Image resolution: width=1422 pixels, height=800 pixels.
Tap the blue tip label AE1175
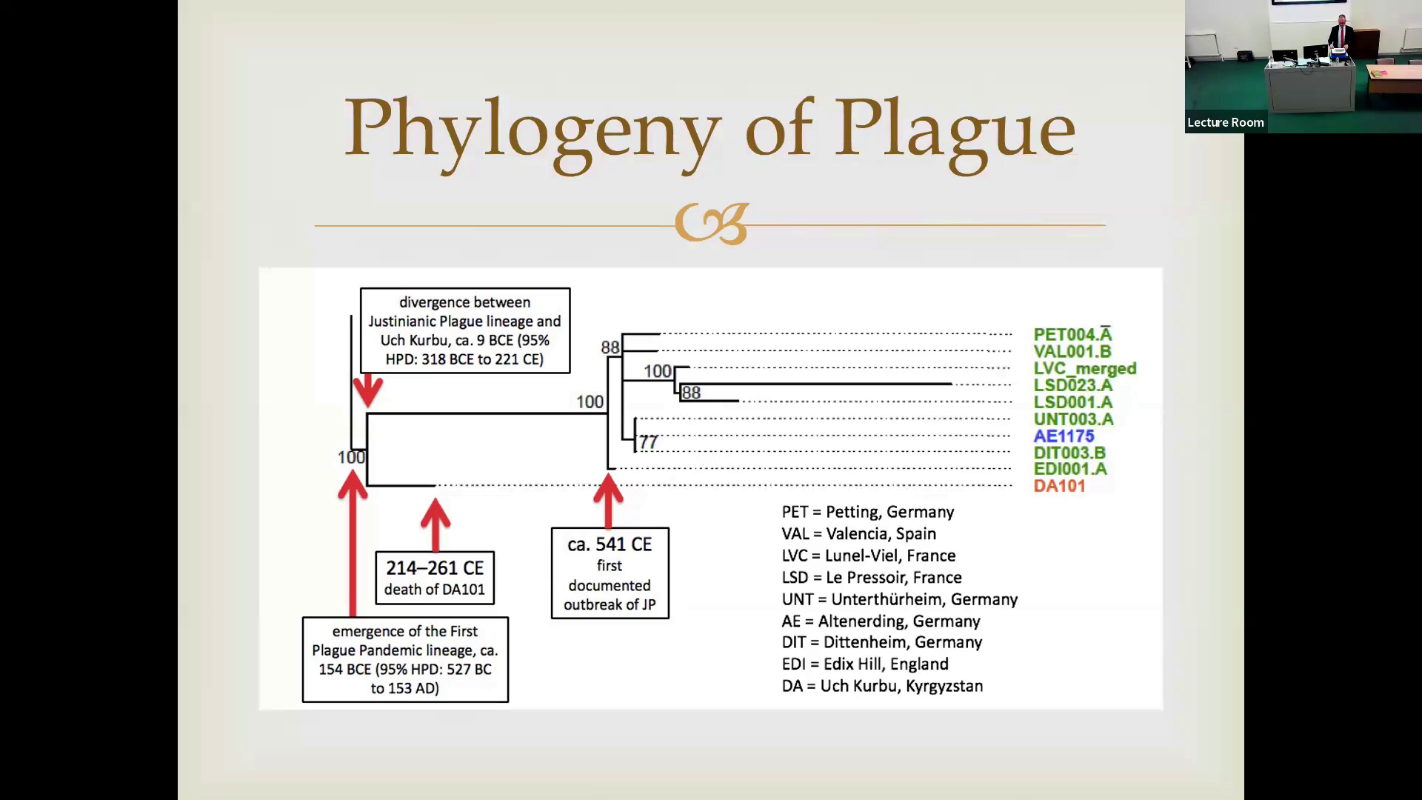(x=1064, y=436)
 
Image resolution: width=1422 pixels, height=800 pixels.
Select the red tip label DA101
(x=1059, y=486)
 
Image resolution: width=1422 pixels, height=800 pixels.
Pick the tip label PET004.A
(x=1072, y=335)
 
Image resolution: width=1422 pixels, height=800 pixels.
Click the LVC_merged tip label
(x=1084, y=368)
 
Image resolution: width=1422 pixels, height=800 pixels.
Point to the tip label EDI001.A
(x=1070, y=469)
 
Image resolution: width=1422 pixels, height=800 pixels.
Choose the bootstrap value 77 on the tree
(x=648, y=442)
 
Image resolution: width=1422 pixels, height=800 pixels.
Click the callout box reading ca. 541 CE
(x=610, y=573)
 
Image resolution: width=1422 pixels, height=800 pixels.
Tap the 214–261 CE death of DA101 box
(x=435, y=578)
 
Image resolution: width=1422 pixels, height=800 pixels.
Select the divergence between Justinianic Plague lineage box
(x=465, y=330)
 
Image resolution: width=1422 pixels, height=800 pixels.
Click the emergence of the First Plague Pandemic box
(x=405, y=659)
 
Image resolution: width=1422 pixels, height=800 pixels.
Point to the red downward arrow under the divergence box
(x=367, y=390)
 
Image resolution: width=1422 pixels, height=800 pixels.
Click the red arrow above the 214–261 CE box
(x=435, y=524)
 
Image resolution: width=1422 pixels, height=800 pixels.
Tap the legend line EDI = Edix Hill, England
(x=865, y=664)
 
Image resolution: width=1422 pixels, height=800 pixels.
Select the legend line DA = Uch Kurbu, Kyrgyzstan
(x=882, y=686)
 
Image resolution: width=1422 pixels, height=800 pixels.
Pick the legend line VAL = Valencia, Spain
(x=858, y=534)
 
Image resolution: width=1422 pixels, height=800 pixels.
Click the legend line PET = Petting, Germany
(x=867, y=513)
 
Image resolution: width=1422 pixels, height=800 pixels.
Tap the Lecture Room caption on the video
(x=1225, y=123)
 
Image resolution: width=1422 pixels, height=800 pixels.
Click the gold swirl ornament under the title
(x=711, y=224)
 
